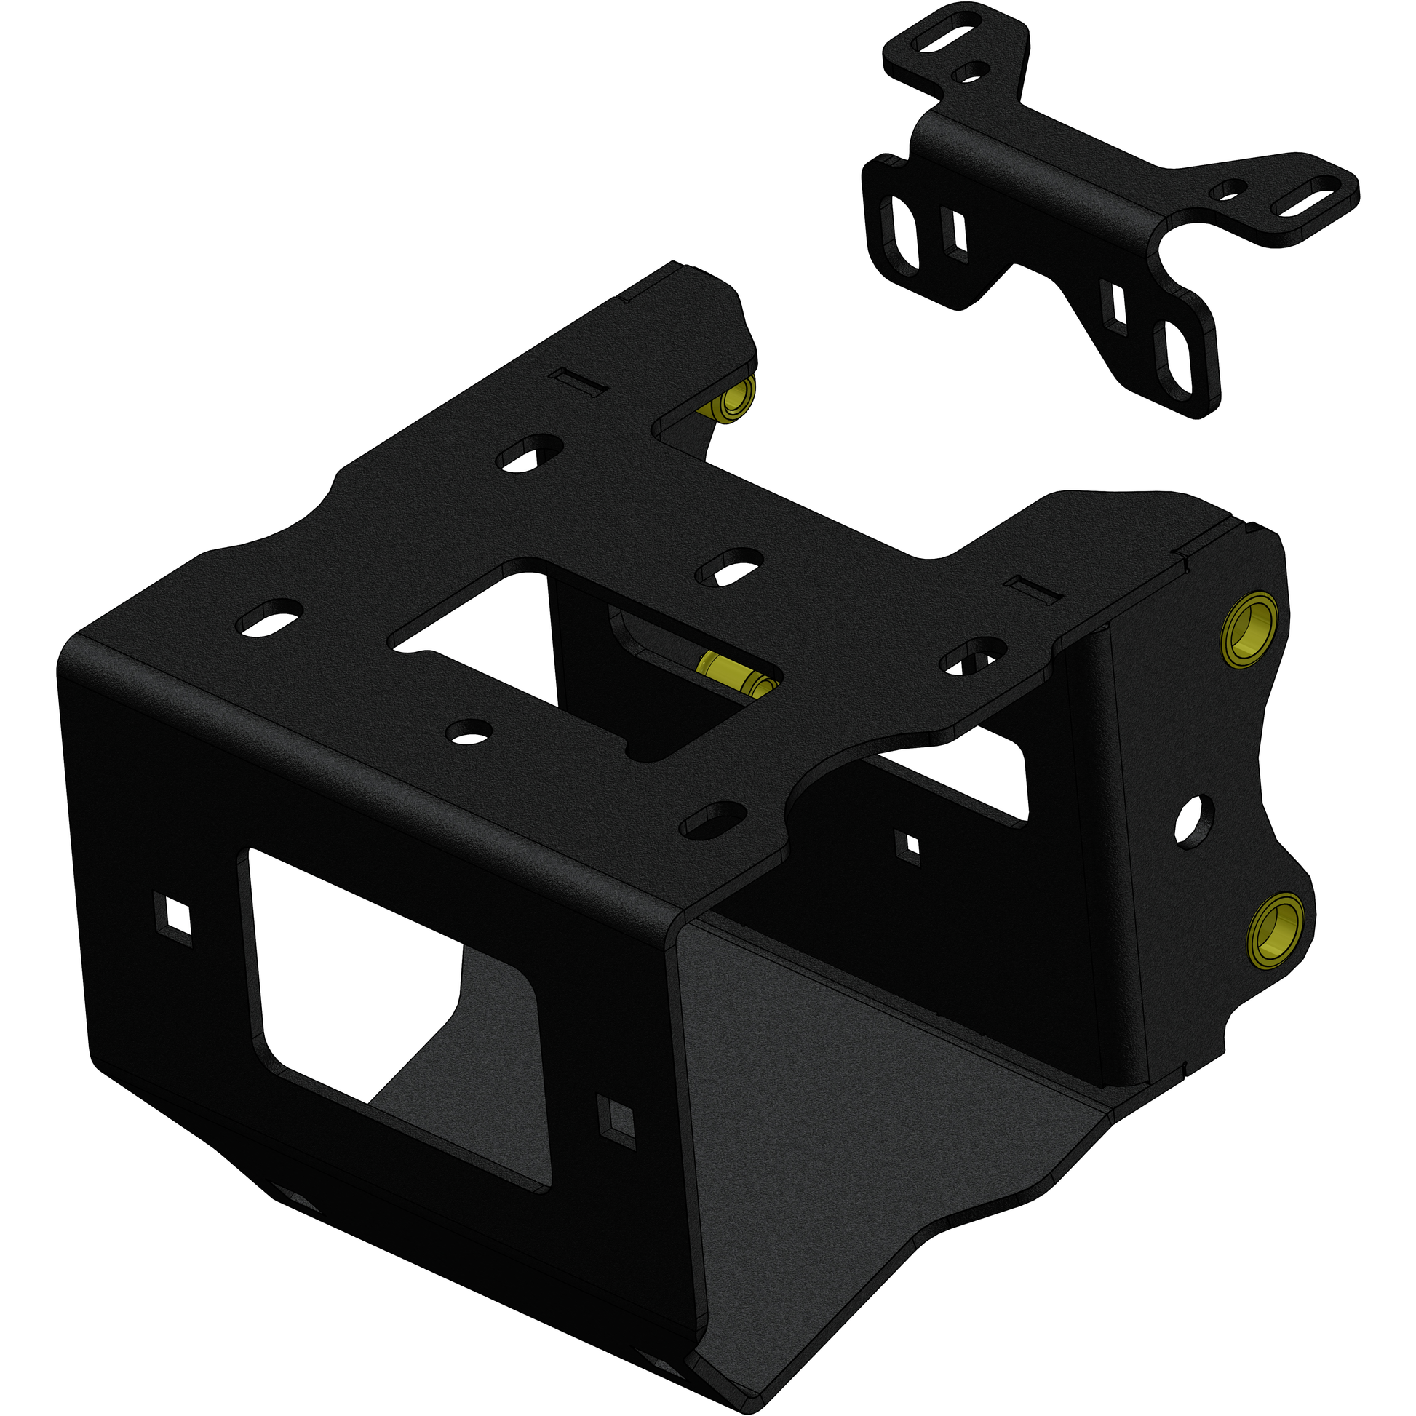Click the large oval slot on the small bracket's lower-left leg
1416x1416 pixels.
(x=904, y=231)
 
